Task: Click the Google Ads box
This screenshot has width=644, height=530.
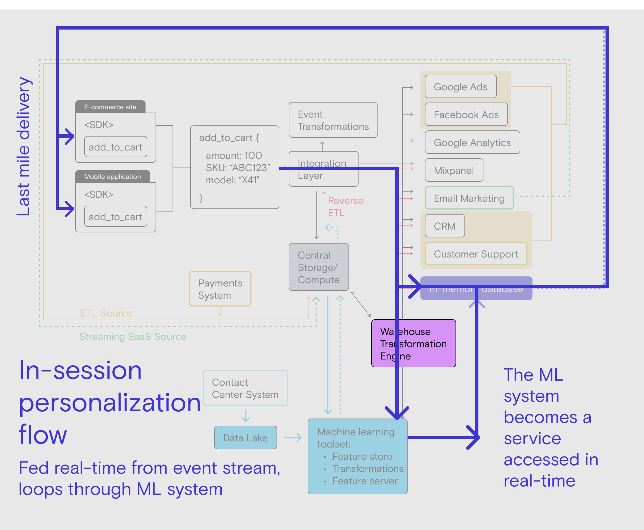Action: pos(460,87)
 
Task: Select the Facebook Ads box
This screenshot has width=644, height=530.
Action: pos(466,115)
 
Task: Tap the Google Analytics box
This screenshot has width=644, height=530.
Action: pos(472,142)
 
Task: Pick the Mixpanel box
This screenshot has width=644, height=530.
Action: pos(454,170)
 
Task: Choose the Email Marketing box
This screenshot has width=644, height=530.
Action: pos(469,198)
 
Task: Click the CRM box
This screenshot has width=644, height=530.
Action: pos(444,226)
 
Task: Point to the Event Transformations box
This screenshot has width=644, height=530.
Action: pos(333,120)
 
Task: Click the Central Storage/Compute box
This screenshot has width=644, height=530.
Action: pos(319,267)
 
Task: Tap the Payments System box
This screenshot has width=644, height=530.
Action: pos(220,289)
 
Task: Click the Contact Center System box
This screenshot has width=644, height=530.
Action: pos(245,388)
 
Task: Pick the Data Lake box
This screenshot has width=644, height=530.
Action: pos(245,438)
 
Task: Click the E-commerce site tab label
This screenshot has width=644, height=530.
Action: pos(110,107)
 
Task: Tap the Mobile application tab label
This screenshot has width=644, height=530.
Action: pos(112,176)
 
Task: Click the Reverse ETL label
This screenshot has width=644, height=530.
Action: pos(345,207)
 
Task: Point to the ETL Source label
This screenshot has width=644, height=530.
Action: pos(106,313)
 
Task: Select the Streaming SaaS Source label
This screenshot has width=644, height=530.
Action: pos(133,336)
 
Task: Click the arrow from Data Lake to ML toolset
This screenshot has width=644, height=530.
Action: pos(293,437)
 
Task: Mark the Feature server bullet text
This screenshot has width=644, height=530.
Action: pos(365,481)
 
